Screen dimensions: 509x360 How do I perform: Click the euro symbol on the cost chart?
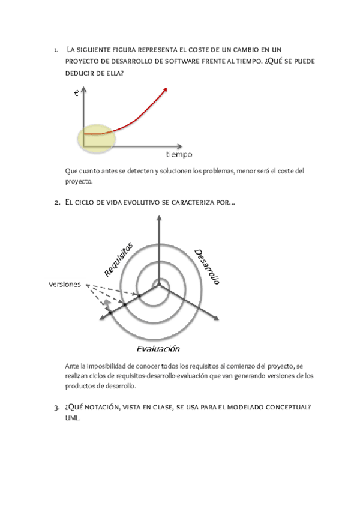click(x=77, y=93)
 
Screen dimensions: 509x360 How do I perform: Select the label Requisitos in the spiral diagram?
click(x=118, y=259)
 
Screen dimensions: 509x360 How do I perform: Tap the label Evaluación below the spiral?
click(x=158, y=348)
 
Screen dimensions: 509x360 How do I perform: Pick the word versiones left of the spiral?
click(x=65, y=284)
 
